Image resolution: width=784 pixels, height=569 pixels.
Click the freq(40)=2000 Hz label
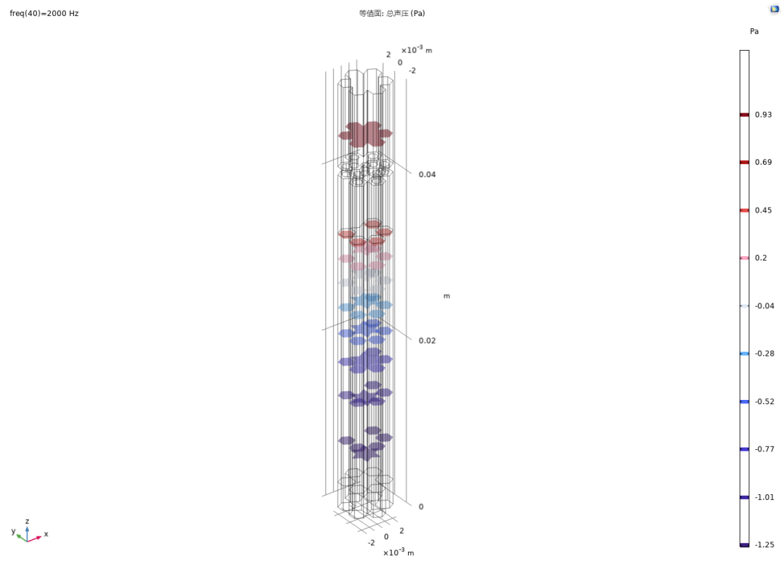click(x=44, y=14)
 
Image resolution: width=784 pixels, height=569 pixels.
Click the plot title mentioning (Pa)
click(x=392, y=14)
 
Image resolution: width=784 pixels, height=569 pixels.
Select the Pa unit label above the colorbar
click(x=754, y=31)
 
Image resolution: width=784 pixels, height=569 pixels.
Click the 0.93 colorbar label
click(x=763, y=115)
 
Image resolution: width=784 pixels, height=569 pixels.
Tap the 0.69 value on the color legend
click(x=763, y=162)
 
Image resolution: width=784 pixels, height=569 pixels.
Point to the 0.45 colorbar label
click(x=763, y=210)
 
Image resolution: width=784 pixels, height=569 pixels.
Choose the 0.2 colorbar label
click(x=761, y=258)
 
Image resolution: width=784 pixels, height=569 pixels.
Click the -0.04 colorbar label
click(x=764, y=306)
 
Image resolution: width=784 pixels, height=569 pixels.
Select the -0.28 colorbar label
click(x=764, y=353)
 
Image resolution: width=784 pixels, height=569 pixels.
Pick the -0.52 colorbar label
click(x=764, y=401)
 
